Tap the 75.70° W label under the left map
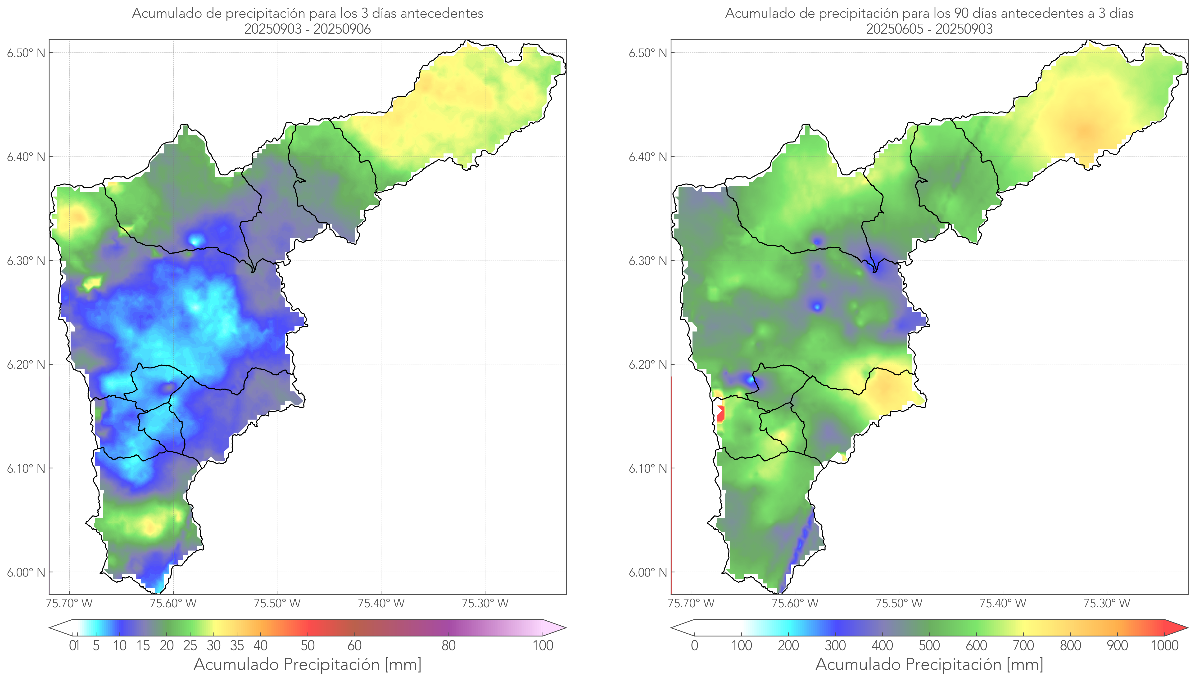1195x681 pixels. (69, 603)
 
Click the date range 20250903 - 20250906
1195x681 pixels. (308, 29)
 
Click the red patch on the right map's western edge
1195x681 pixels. (720, 414)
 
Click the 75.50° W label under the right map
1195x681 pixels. (899, 603)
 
